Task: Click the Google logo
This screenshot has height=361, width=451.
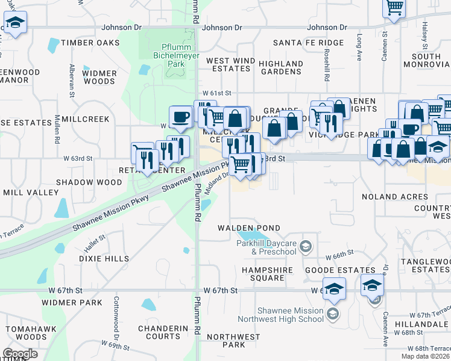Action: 19,354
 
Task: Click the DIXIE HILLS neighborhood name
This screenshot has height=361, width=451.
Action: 104,259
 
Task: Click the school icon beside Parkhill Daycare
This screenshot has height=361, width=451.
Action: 306,245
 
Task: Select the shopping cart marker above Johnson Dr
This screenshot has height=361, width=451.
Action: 394,8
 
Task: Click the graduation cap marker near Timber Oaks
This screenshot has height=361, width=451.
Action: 14,24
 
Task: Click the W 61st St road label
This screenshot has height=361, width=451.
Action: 217,93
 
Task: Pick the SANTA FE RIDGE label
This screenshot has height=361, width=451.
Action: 308,43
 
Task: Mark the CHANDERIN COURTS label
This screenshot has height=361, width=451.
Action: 163,333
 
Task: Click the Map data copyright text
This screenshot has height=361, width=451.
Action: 425,356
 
